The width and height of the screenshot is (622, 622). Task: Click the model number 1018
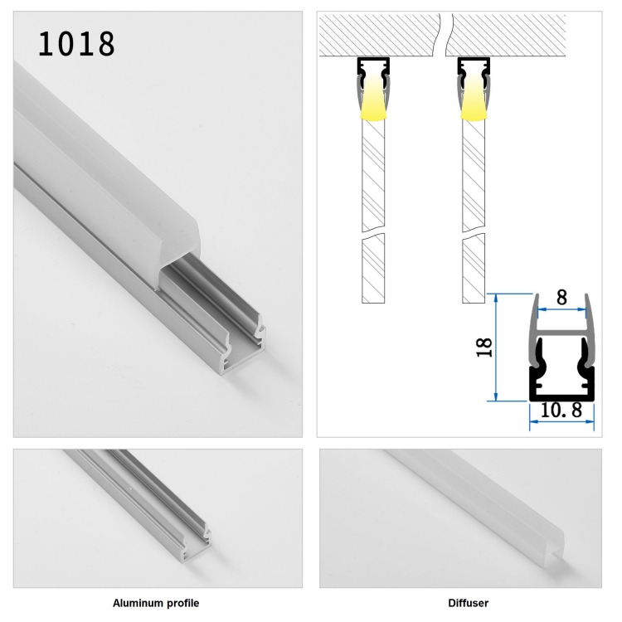coord(76,43)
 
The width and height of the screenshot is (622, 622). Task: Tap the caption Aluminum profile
coord(156,603)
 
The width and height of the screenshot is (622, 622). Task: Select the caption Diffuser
coord(468,603)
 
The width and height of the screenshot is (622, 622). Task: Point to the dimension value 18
coord(484,347)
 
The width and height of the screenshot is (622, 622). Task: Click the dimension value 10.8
coord(561,411)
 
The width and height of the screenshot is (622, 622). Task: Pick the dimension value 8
coord(561,297)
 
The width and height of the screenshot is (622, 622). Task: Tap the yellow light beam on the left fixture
coord(373,100)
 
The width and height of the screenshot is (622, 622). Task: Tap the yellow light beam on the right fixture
coord(474,100)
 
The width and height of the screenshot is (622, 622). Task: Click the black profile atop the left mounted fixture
coord(373,66)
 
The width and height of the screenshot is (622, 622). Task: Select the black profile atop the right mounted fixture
coord(474,66)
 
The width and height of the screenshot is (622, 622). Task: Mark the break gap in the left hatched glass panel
coord(373,233)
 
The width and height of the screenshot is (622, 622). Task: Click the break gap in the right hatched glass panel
coord(474,233)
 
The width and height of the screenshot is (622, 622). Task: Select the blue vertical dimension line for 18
coord(496,347)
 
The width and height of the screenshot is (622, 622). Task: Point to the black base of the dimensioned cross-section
coord(561,396)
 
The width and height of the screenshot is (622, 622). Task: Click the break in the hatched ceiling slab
coord(444,35)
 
